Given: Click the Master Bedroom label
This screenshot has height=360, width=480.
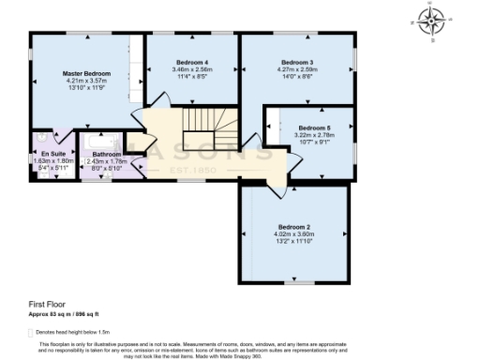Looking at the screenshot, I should (x=87, y=73).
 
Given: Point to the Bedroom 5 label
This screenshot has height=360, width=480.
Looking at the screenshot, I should (x=315, y=127).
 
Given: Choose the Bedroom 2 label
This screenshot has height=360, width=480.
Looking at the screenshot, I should (x=293, y=227).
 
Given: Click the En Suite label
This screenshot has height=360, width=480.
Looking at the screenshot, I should (x=52, y=153).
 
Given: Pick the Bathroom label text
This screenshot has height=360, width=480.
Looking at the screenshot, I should (x=106, y=153).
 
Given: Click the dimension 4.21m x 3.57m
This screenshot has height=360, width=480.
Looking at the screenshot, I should (x=87, y=81).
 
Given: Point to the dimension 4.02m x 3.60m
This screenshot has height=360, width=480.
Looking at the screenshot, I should (x=293, y=233).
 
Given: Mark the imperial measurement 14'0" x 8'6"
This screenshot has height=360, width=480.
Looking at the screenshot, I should (x=297, y=76).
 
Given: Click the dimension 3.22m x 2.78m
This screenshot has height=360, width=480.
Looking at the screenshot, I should (x=315, y=135).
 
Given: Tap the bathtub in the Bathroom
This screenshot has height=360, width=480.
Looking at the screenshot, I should (x=101, y=141).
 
